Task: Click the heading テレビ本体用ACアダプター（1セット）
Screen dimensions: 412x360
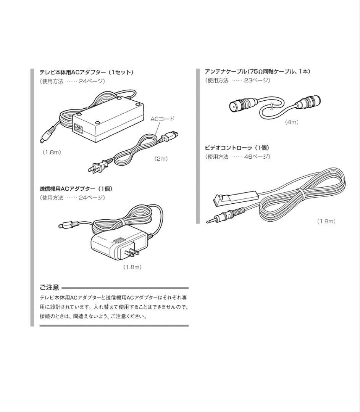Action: coord(86,72)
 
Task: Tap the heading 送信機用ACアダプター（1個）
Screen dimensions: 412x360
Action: coord(76,188)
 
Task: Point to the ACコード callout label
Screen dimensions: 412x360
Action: coord(162,119)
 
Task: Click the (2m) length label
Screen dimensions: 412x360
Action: coord(161,159)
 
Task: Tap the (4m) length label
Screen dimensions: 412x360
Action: coord(292,122)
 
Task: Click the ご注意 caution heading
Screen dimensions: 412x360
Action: coord(49,287)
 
